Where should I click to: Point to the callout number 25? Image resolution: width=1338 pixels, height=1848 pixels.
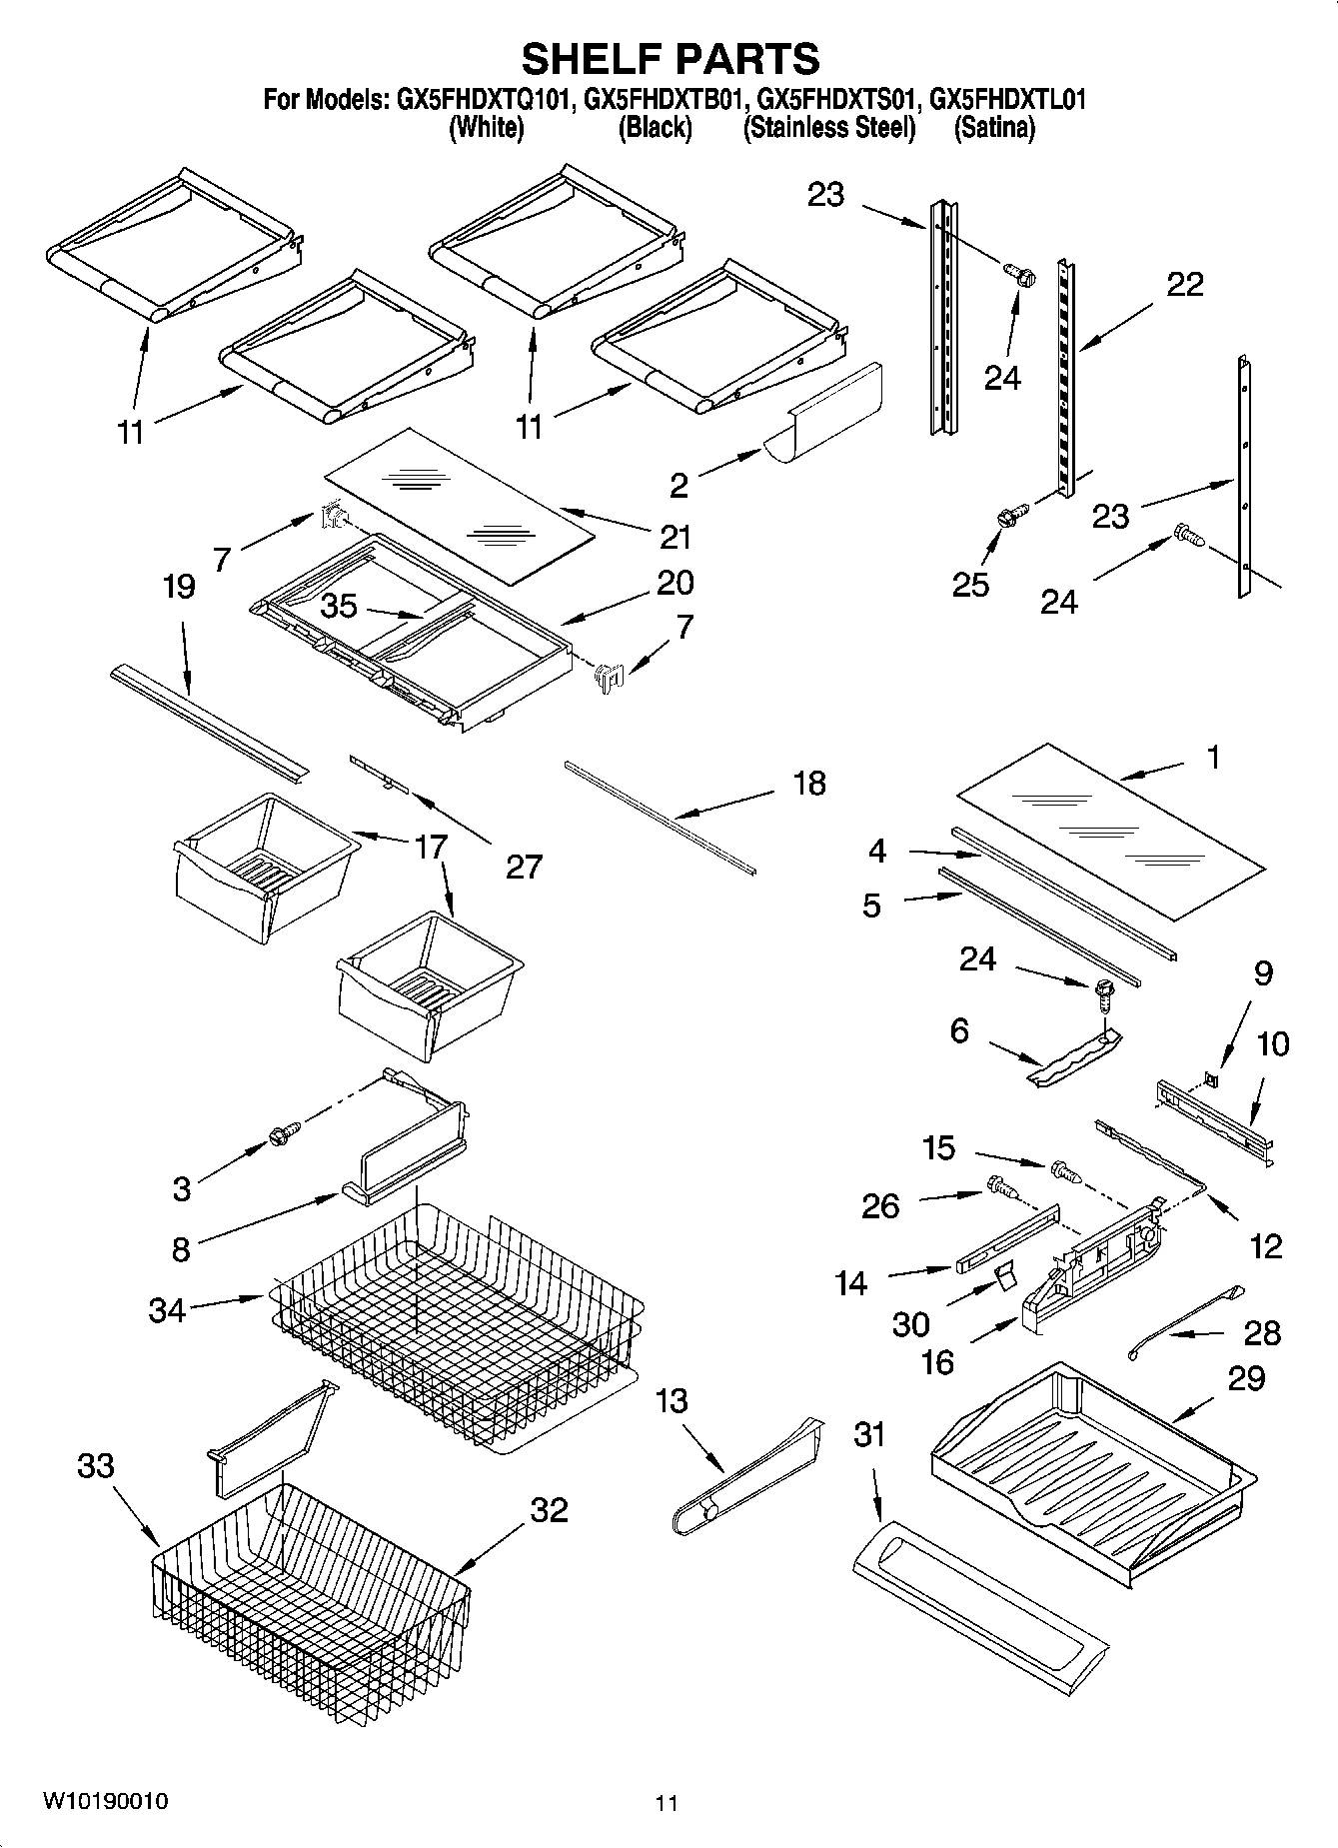971,584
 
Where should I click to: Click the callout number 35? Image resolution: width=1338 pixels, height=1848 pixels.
339,606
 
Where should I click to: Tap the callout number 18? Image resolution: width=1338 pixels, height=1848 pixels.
808,783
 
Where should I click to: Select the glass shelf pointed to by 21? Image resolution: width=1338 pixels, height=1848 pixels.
460,505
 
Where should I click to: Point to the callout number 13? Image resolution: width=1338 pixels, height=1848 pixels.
670,1400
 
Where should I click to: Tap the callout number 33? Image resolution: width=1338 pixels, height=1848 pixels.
96,1466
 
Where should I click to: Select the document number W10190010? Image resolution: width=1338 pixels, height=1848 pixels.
104,1802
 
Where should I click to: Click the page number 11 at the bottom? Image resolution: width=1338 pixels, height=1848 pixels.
667,1803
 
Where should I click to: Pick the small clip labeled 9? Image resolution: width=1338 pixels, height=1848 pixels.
1210,1078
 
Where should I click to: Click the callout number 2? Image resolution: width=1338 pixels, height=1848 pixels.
678,486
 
